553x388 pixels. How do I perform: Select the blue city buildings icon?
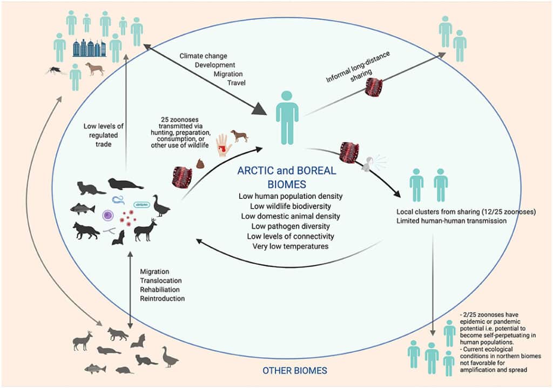pos(90,49)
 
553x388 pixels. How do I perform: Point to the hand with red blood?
pos(222,144)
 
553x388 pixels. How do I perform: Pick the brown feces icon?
pos(200,163)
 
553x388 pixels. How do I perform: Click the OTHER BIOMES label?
pos(294,371)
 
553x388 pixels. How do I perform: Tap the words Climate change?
pos(204,56)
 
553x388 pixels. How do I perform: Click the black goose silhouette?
pos(161,205)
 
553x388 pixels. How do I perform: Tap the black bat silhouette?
pos(118,238)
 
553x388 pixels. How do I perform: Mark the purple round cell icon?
pos(108,215)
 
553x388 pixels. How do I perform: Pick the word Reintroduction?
pos(163,298)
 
